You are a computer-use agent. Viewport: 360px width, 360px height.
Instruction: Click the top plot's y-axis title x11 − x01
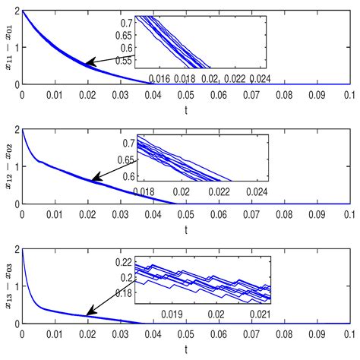click(8, 49)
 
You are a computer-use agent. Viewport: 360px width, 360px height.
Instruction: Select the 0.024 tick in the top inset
click(259, 79)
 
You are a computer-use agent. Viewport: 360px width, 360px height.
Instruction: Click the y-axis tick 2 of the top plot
click(15, 13)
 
